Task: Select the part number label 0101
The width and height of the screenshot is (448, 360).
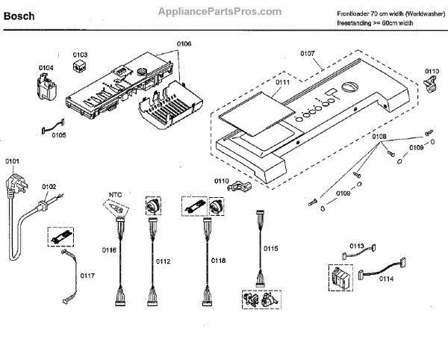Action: click(x=13, y=161)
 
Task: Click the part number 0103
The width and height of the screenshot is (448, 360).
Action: click(x=80, y=55)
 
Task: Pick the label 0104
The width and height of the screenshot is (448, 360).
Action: click(x=46, y=68)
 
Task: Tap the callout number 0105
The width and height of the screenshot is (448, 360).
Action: click(x=58, y=135)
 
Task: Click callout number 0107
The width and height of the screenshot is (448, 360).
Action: click(x=308, y=53)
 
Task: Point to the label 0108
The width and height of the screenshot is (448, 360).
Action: click(x=379, y=137)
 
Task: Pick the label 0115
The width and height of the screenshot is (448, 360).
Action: click(x=271, y=247)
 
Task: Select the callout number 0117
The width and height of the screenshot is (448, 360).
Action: click(x=88, y=276)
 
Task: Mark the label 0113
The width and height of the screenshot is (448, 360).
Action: click(x=357, y=246)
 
